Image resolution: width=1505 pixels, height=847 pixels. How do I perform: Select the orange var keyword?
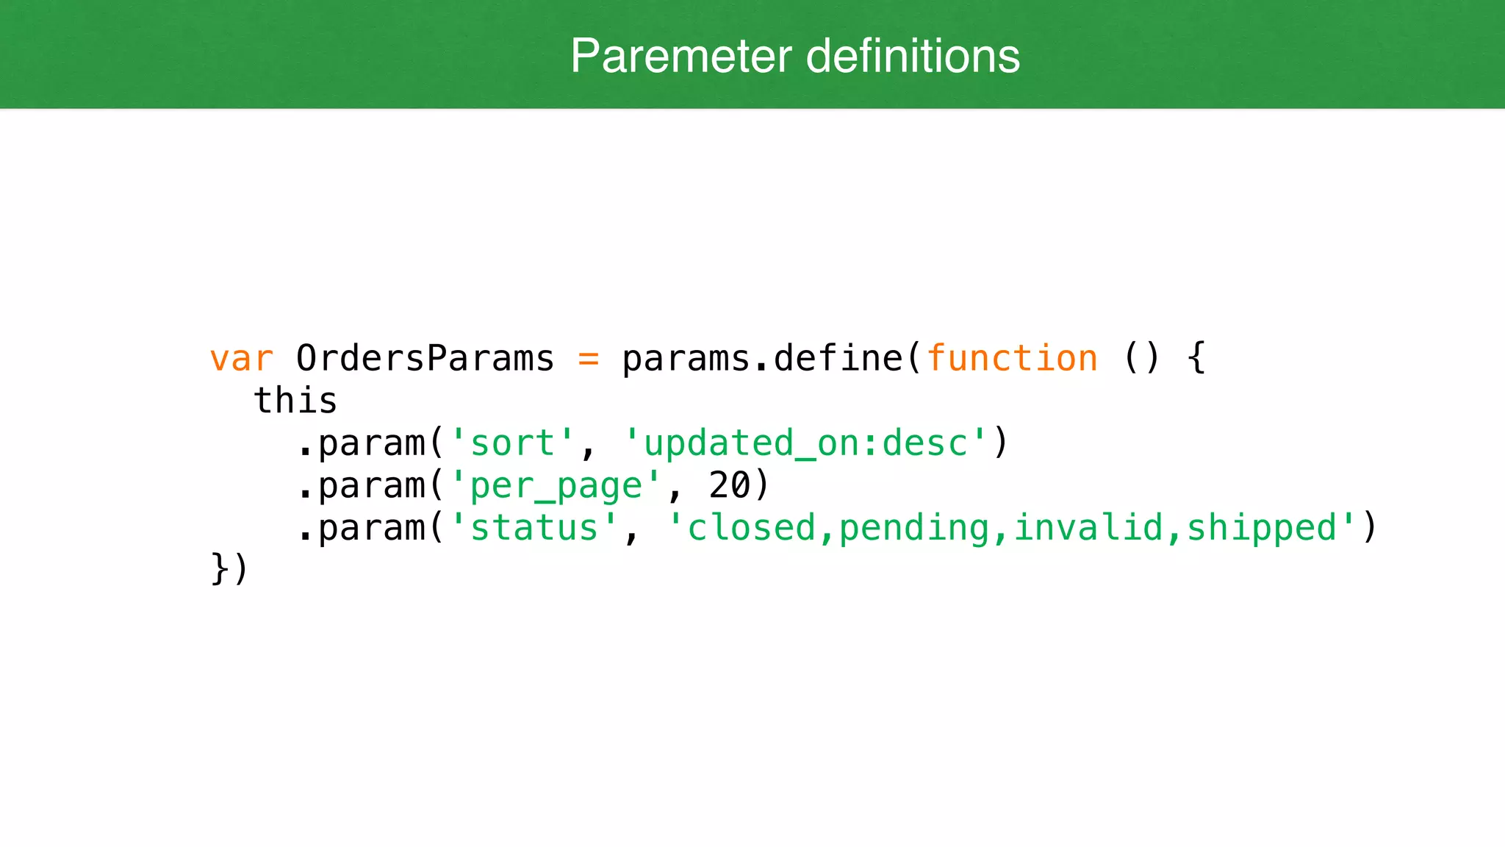click(241, 359)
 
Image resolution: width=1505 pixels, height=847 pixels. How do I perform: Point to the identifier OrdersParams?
click(425, 359)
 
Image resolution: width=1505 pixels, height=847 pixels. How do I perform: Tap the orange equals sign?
click(588, 359)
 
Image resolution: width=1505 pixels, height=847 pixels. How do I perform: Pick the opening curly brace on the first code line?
click(1196, 359)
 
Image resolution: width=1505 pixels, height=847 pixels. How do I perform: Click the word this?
click(295, 401)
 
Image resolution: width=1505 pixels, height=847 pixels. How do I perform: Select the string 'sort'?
click(511, 443)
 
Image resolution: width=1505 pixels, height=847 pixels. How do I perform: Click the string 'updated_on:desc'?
click(805, 443)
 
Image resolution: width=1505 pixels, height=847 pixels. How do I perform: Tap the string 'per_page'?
click(555, 486)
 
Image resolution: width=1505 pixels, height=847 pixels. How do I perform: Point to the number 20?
click(729, 486)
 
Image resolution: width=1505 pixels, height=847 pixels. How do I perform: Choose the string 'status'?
click(534, 528)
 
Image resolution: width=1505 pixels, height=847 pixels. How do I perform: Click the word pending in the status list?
click(914, 528)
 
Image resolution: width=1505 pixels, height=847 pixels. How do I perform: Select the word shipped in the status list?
click(1261, 528)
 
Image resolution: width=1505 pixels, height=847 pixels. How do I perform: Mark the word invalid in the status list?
click(1088, 528)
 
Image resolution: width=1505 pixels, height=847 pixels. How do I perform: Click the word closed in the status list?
click(751, 528)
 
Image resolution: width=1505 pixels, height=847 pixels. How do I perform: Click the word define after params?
click(838, 359)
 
